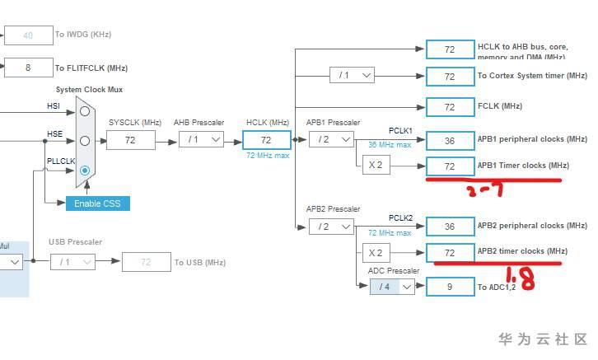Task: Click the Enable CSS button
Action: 98,203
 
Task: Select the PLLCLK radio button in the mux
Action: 85,170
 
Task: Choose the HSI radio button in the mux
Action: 85,111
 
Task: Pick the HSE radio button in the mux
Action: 85,141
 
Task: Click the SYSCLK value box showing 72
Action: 130,140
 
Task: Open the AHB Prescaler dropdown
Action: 201,140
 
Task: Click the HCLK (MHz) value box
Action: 266,141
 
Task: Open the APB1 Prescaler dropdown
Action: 331,140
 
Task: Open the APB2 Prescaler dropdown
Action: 331,227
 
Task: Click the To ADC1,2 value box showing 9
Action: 450,287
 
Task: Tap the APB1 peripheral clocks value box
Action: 450,141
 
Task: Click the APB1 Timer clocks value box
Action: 450,166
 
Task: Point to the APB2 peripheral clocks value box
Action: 450,227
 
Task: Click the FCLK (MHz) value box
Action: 450,107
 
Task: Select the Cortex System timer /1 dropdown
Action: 352,76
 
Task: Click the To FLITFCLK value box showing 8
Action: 28,68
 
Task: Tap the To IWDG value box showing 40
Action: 28,35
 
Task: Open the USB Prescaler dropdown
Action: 72,263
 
